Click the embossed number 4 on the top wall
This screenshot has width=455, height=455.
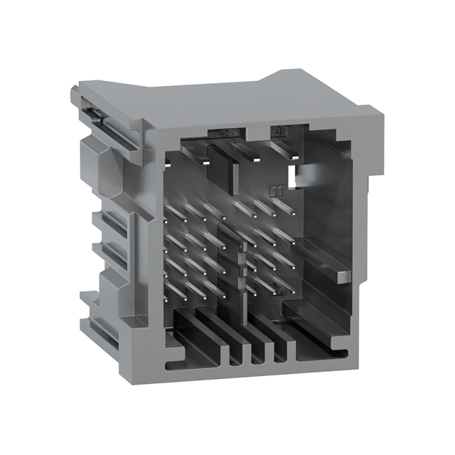(x=277, y=132)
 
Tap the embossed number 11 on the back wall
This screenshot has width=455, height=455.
(x=277, y=190)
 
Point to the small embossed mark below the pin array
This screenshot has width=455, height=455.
(x=279, y=289)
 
